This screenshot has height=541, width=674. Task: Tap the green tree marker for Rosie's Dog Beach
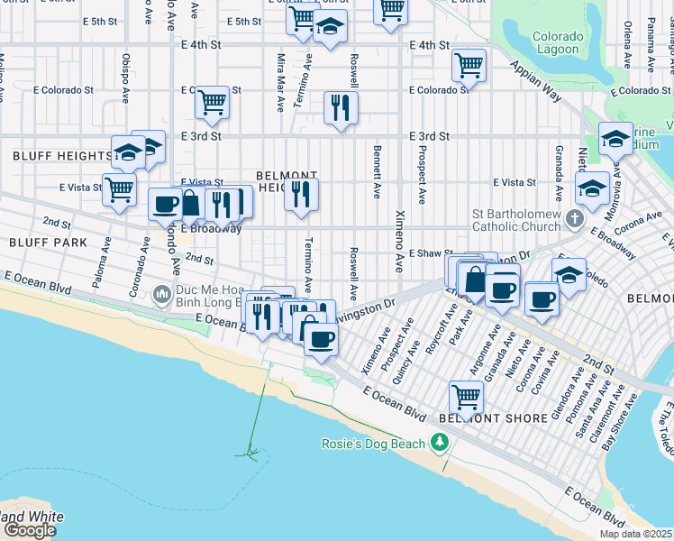pyautogui.click(x=439, y=442)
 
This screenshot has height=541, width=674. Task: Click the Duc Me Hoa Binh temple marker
pyautogui.click(x=160, y=293)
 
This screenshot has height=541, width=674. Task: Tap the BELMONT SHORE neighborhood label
pyautogui.click(x=493, y=418)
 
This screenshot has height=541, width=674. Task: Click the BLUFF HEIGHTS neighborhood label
pyautogui.click(x=61, y=156)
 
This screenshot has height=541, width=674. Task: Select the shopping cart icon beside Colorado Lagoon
pyautogui.click(x=469, y=65)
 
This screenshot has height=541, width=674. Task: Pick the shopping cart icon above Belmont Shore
pyautogui.click(x=466, y=395)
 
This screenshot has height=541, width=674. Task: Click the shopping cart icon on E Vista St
pyautogui.click(x=119, y=189)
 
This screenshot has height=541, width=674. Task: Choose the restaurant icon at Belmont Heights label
pyautogui.click(x=301, y=193)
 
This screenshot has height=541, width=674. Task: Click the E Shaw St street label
pyautogui.click(x=430, y=254)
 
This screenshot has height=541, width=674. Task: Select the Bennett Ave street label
pyautogui.click(x=373, y=173)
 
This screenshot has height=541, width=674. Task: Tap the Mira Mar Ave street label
pyautogui.click(x=281, y=81)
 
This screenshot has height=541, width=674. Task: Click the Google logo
pyautogui.click(x=30, y=530)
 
